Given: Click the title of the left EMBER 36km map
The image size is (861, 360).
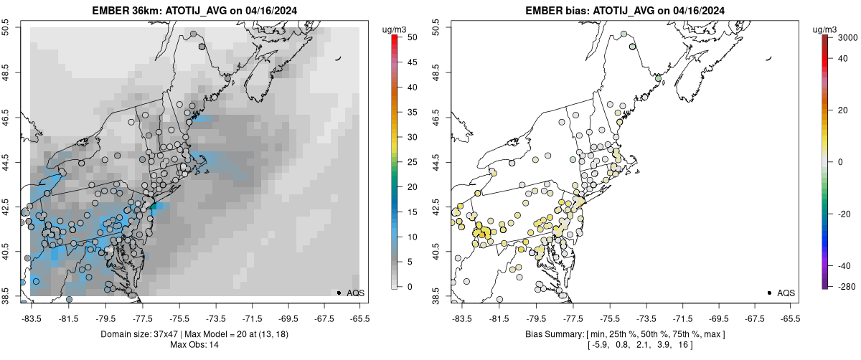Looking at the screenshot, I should pyautogui.click(x=195, y=11).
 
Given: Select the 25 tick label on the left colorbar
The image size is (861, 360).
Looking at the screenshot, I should pyautogui.click(x=408, y=162).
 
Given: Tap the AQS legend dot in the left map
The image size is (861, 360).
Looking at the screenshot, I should pyautogui.click(x=339, y=293).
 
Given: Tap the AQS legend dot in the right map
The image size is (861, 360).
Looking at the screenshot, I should pyautogui.click(x=769, y=293).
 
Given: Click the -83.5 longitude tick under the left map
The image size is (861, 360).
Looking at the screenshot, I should pyautogui.click(x=32, y=318).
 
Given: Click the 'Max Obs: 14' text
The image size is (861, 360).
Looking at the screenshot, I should pyautogui.click(x=195, y=345).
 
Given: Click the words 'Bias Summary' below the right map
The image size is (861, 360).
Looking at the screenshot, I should pyautogui.click(x=543, y=334).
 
